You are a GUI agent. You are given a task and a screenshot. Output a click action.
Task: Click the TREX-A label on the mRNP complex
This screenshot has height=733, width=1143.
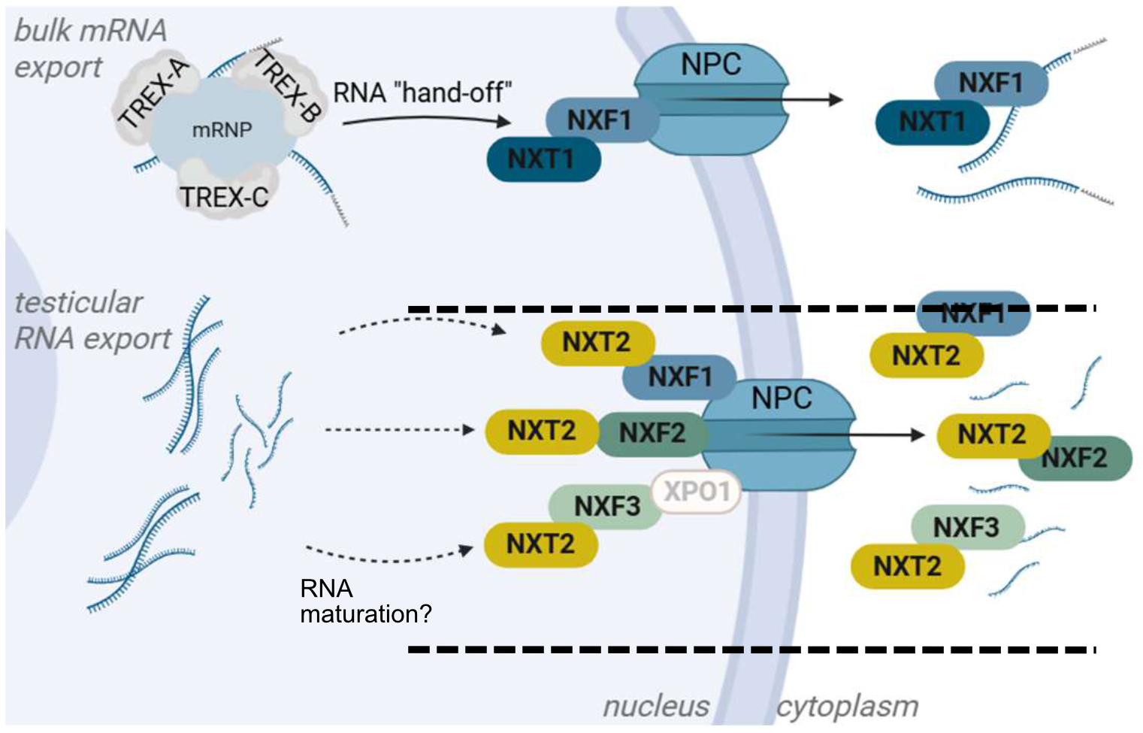coord(155,93)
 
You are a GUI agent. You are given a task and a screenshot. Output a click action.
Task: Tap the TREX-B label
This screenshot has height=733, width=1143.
coord(287,86)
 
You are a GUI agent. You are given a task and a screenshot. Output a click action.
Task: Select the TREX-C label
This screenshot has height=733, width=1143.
coord(224,197)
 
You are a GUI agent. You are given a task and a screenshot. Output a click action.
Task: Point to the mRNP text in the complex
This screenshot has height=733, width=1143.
coord(222,130)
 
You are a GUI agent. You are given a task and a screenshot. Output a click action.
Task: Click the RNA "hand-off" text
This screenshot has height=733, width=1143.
coord(422,93)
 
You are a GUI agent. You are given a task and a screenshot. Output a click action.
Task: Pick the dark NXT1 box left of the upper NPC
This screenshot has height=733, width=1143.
coord(543,159)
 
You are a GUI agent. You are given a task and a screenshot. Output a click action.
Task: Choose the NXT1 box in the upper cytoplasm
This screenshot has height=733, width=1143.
coord(932,122)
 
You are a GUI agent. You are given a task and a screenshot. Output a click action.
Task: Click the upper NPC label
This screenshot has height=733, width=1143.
coord(711,65)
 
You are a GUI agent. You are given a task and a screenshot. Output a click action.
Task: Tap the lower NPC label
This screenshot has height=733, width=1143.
coord(782,398)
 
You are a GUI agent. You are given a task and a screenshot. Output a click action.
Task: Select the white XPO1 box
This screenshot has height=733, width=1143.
coord(697,492)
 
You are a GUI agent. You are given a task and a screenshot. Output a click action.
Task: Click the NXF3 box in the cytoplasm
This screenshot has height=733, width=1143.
coord(966,527)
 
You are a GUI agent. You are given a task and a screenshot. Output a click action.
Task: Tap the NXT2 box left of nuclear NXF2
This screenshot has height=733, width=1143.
coord(542,432)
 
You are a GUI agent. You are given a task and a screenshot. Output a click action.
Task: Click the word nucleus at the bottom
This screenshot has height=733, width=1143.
coord(656,706)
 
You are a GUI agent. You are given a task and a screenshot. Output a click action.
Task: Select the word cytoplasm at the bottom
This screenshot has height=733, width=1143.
coord(847,706)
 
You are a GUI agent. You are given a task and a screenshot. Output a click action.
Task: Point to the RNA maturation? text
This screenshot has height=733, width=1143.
coord(364,601)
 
